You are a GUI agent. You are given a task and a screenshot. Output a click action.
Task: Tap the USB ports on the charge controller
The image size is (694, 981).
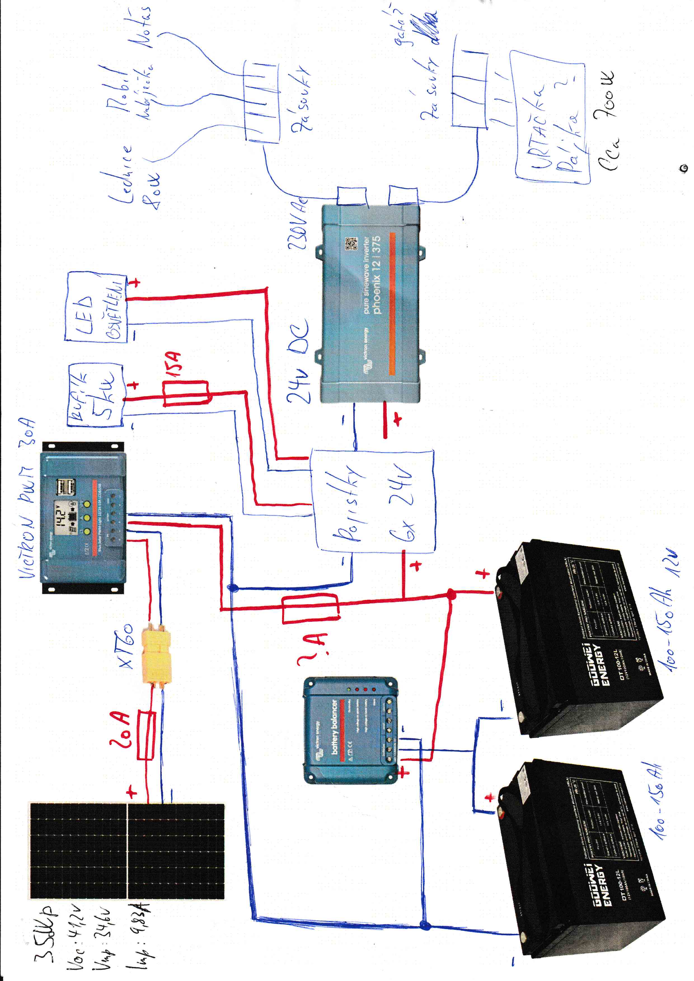(66, 487)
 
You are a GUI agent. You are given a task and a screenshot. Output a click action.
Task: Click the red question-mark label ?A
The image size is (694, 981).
(312, 650)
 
